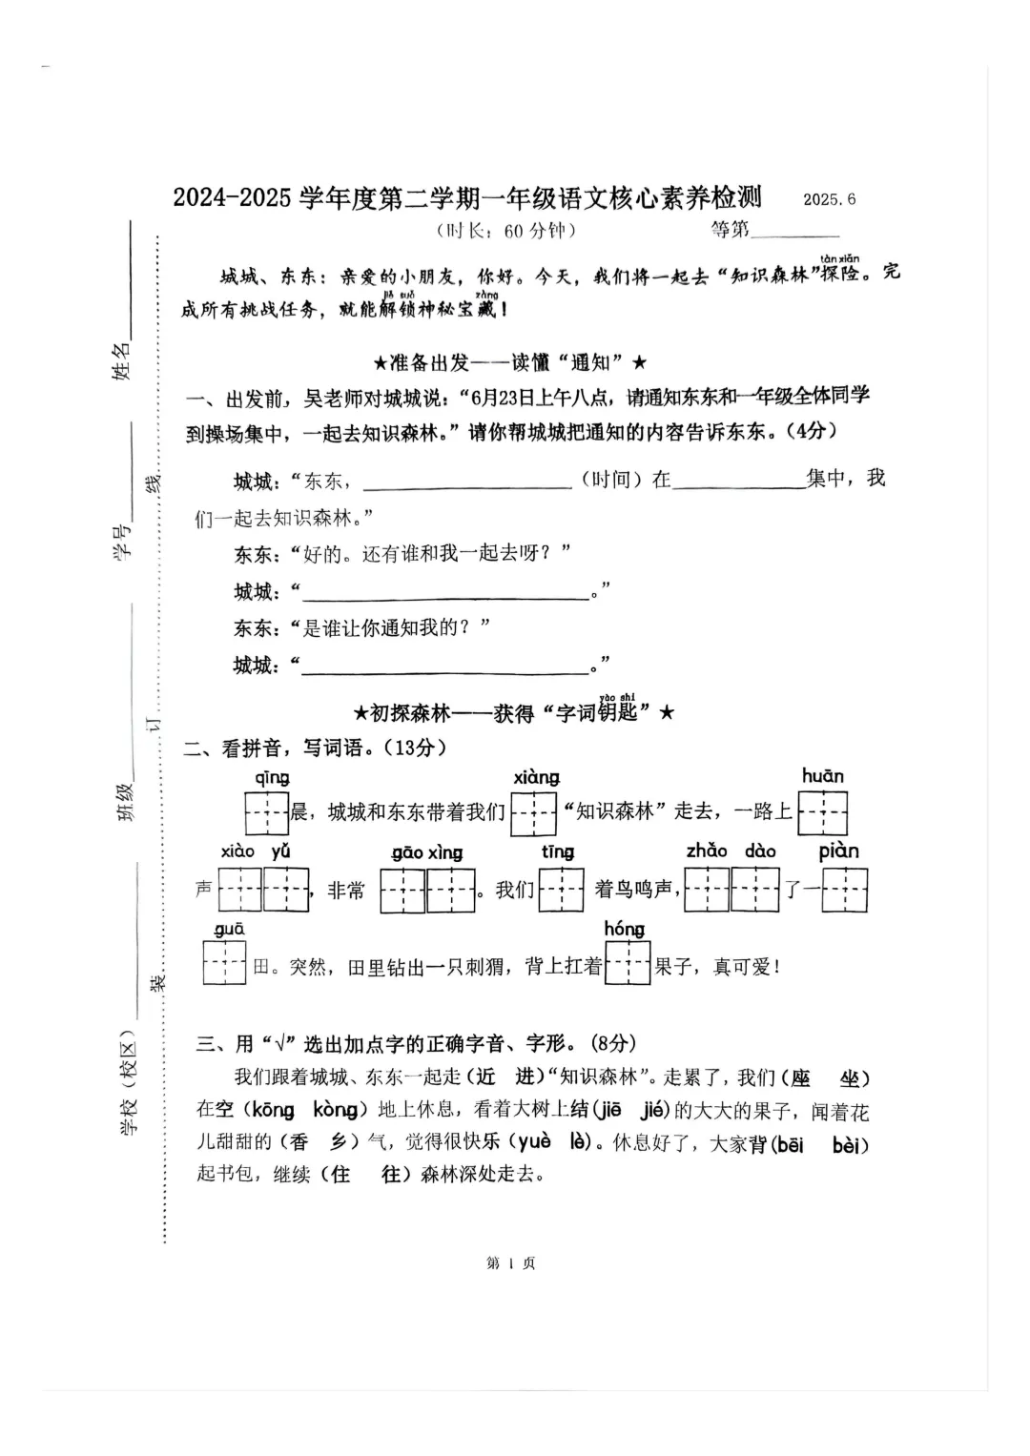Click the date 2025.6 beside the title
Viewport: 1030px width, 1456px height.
[x=829, y=199]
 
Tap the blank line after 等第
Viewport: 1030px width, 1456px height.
[x=795, y=230]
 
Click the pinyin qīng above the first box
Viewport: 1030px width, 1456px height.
[x=272, y=778]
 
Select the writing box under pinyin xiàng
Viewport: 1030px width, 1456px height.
[x=533, y=813]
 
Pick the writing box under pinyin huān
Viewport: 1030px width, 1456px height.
[x=822, y=813]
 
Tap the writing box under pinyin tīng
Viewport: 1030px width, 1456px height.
[x=561, y=890]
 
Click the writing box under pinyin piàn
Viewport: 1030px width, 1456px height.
[x=844, y=891]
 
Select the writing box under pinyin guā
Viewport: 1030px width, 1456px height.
[x=224, y=963]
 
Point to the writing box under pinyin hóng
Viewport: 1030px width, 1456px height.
[x=628, y=963]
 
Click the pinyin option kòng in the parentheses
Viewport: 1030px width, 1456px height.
[x=335, y=1110]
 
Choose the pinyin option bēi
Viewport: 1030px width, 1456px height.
[x=790, y=1144]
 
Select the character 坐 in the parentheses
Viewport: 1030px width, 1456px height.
[x=849, y=1078]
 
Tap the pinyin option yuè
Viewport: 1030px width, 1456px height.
[x=535, y=1141]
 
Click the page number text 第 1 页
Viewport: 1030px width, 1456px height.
[x=511, y=1263]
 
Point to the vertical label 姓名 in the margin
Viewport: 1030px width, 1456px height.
[x=122, y=360]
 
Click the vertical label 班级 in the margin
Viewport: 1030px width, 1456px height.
[x=125, y=799]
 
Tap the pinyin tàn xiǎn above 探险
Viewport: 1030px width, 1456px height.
[x=839, y=258]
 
